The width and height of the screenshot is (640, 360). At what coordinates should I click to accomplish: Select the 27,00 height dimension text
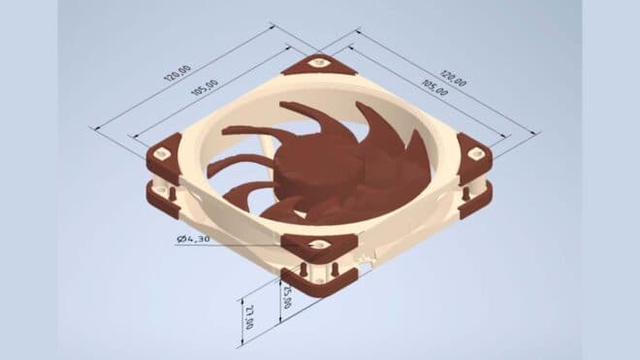250,315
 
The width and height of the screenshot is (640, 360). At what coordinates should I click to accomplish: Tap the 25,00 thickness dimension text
286,294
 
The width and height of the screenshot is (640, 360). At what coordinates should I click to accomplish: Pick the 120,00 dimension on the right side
453,77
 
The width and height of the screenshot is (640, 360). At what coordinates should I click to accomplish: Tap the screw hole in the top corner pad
316,64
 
